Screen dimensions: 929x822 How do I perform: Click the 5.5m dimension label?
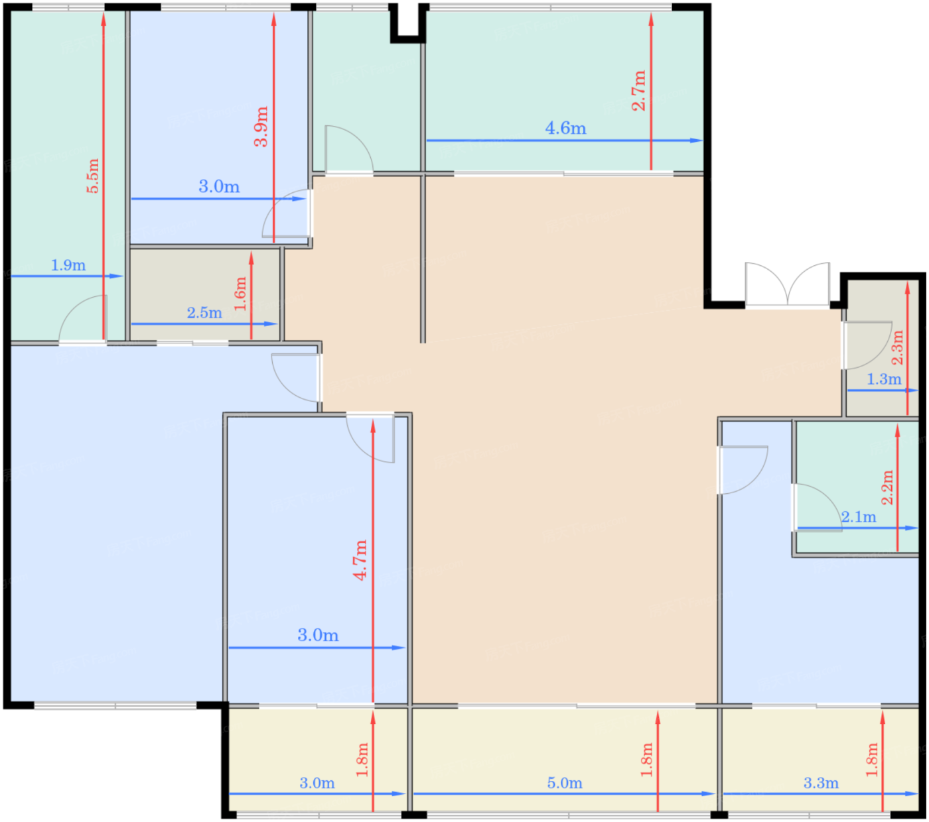[x=93, y=176]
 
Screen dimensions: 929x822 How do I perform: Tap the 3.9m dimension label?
[x=261, y=127]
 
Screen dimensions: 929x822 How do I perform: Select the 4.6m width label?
[x=565, y=128]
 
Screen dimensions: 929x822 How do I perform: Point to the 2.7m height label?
[x=638, y=91]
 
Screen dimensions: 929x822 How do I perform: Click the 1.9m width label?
[x=68, y=265]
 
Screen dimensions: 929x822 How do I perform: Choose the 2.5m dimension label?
[x=204, y=312]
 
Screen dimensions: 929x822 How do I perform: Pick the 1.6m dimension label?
[x=240, y=294]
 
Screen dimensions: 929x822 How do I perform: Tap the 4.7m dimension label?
[x=361, y=560]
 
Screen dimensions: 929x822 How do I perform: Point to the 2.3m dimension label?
[x=897, y=347]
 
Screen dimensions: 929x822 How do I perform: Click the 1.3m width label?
[x=884, y=379]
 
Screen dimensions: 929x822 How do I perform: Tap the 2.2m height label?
[x=888, y=487]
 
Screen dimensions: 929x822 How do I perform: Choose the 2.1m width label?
[x=859, y=517]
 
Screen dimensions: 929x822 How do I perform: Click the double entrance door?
[x=787, y=284]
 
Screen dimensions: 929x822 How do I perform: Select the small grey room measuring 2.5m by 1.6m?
[x=205, y=294]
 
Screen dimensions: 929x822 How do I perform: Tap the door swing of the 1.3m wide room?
[x=867, y=345]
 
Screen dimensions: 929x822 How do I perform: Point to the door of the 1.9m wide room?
[x=83, y=318]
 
